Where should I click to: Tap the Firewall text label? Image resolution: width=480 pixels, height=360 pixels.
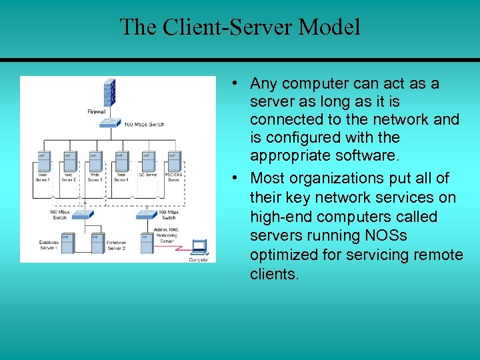pyautogui.click(x=97, y=112)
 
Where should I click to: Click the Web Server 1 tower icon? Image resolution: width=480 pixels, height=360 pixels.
pyautogui.click(x=43, y=161)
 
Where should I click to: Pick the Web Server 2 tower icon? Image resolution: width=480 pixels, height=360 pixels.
pyautogui.click(x=69, y=161)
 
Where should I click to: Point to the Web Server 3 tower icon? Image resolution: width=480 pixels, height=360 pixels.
pyautogui.click(x=95, y=161)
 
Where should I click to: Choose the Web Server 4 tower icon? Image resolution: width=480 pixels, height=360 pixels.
pyautogui.click(x=121, y=161)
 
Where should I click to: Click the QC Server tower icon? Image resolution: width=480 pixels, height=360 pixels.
pyautogui.click(x=147, y=161)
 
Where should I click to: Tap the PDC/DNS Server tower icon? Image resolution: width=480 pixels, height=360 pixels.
pyautogui.click(x=173, y=161)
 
